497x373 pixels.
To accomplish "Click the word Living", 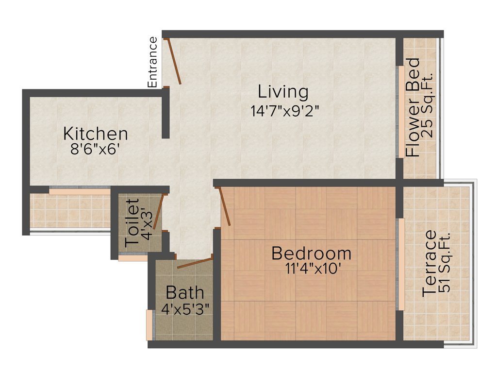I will pos(283,92).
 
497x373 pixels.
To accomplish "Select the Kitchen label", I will pos(96,134).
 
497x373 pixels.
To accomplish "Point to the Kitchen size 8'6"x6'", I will pos(95,149).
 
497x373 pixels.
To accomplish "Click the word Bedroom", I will pos(311,254).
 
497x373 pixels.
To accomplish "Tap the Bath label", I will pos(185,293).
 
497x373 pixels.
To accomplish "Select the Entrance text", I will pos(153,62).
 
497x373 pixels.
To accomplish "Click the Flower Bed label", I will pos(413,107).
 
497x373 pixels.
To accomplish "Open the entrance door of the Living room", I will pos(174,62).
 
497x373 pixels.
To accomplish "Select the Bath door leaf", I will pos(194,263).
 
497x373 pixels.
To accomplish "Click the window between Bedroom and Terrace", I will pos(401,264).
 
